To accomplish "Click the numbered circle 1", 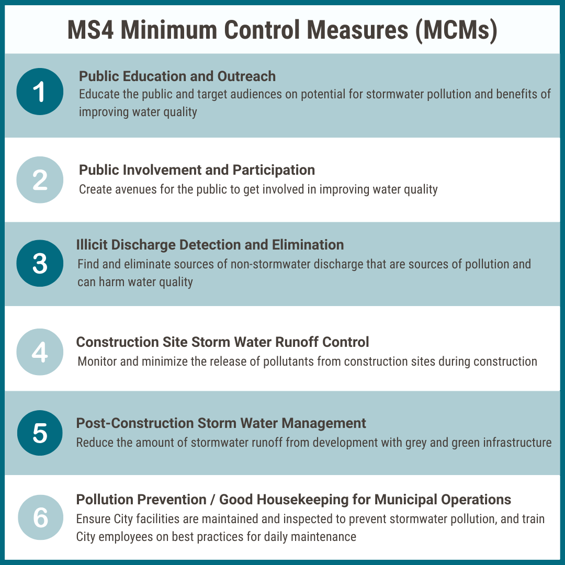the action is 40,92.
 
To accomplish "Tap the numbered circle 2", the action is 40,180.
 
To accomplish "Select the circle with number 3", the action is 40,263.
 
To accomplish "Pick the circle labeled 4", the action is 40,352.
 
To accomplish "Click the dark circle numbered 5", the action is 40,433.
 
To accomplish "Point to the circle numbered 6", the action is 40,517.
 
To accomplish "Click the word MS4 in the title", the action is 91,30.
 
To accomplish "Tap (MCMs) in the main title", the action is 457,31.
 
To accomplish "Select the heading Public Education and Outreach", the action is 177,76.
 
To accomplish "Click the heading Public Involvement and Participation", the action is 197,170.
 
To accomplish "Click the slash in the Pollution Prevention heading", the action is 212,500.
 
